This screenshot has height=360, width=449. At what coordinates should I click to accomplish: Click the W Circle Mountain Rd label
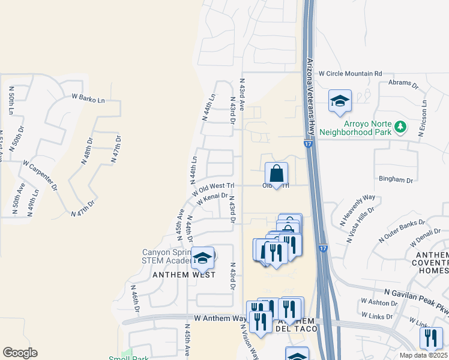(350, 73)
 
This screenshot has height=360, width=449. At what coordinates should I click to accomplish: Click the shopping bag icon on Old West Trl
(276, 174)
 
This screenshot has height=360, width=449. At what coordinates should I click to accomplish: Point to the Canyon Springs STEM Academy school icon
(203, 258)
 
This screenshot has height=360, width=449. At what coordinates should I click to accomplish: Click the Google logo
(20, 353)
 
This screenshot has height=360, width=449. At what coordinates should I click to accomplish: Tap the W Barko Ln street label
(88, 96)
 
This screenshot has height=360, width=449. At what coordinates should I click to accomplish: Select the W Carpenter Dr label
(40, 175)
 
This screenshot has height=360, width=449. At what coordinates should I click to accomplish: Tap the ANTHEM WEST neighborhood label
(184, 274)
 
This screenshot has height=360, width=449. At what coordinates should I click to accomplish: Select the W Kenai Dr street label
(212, 197)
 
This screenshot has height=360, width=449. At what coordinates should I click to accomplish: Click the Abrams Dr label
(403, 83)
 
